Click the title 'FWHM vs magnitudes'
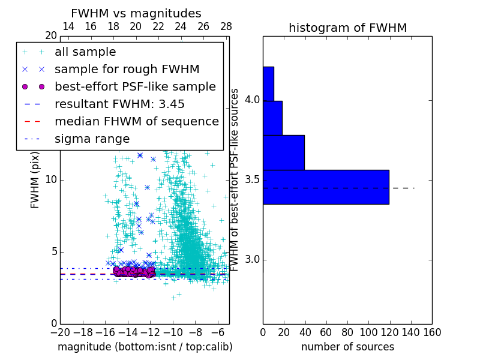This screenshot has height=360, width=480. tap(136, 13)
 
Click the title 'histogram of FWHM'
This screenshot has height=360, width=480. tap(347, 28)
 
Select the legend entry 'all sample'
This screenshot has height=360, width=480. tap(85, 52)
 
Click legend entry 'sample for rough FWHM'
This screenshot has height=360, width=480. tap(127, 70)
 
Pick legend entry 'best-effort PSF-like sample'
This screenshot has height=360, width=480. tap(135, 86)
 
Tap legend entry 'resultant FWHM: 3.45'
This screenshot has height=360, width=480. tap(119, 104)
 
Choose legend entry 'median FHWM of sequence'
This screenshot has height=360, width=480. tap(136, 121)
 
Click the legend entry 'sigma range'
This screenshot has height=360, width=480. tap(92, 139)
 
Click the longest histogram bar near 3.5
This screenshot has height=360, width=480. tap(326, 187)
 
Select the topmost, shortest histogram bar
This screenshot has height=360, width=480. tap(268, 83)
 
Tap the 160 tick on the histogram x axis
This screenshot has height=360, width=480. tap(432, 332)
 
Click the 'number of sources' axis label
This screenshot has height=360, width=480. tap(347, 347)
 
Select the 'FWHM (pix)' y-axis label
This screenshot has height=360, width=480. tap(35, 179)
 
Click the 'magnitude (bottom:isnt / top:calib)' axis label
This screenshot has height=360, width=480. tap(145, 347)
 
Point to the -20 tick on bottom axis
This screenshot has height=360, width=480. tap(60, 332)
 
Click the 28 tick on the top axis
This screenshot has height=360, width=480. tap(226, 27)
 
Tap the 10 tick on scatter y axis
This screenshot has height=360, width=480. tap(50, 180)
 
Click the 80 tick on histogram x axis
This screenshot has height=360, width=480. tap(347, 332)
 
